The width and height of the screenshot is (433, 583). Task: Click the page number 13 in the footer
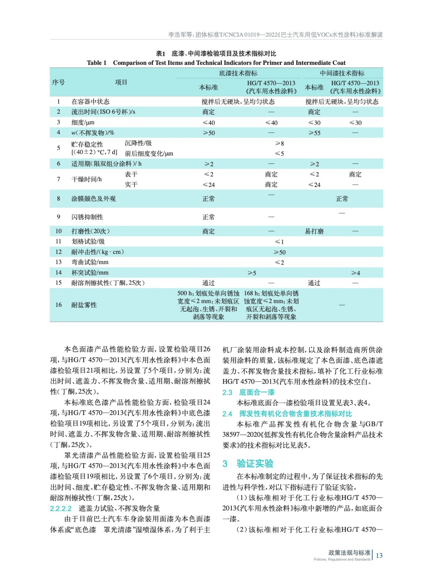tap(379, 555)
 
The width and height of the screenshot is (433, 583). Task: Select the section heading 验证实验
tap(255, 463)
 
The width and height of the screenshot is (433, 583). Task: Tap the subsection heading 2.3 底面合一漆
tap(248, 392)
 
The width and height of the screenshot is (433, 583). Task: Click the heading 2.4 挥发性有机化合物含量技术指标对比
tap(287, 414)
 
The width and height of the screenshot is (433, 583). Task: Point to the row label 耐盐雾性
tap(84, 305)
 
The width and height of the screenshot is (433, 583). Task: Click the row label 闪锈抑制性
tap(87, 217)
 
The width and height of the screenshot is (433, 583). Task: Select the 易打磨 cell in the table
tap(314, 231)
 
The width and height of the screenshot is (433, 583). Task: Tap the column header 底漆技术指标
tap(238, 73)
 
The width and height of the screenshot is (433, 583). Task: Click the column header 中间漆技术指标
tap(342, 73)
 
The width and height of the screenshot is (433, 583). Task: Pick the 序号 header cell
tap(58, 82)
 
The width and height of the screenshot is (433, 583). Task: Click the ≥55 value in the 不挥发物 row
tap(314, 133)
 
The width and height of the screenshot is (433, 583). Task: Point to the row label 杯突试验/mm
tap(90, 273)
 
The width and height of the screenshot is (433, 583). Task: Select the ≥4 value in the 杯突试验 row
tap(355, 273)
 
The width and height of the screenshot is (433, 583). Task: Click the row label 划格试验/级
tap(88, 242)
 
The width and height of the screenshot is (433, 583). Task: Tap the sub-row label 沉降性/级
tap(138, 143)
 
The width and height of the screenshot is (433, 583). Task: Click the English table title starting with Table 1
tap(216, 63)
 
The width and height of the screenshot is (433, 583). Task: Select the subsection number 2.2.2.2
tap(61, 508)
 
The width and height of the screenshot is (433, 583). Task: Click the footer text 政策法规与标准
tap(349, 553)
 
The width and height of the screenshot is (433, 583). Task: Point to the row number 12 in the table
tap(58, 252)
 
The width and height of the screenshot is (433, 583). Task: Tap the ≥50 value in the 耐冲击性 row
tap(279, 252)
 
